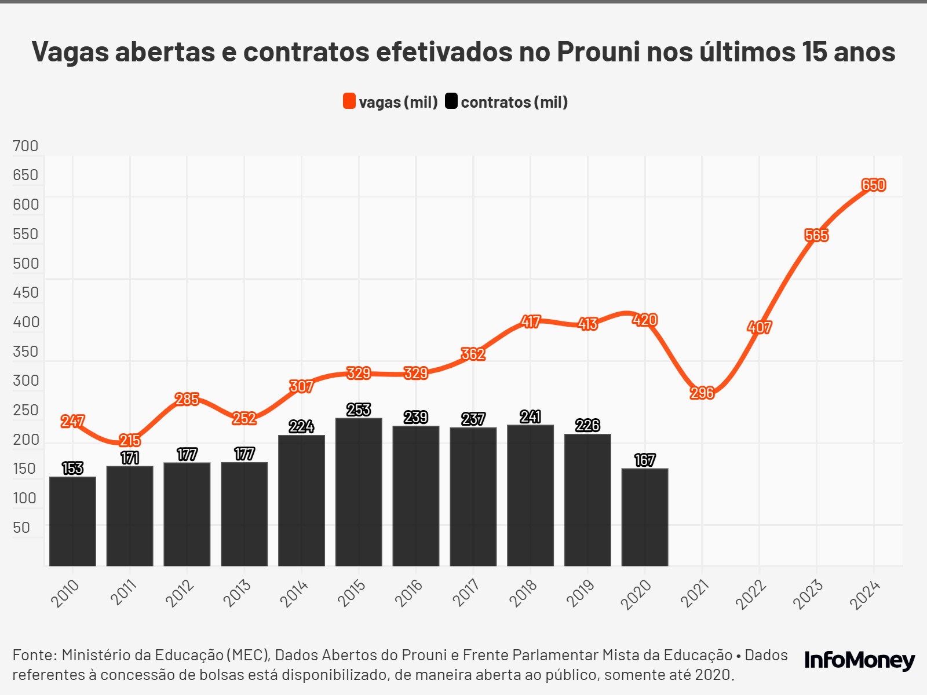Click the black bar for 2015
coord(359,492)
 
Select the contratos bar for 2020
coord(645,517)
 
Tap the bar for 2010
coord(72,521)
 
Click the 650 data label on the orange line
coord(873,185)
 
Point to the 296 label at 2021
coord(702,393)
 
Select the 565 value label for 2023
coord(816,236)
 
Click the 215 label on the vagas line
coord(130,441)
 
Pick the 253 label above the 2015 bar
coord(359,410)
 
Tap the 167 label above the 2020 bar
coord(645,460)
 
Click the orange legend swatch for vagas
coord(349,101)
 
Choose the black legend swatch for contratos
coord(451,101)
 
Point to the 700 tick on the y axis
coord(25,146)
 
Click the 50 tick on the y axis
coord(21,528)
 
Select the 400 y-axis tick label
coord(26,322)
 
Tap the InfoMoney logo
coord(859,660)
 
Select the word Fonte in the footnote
coord(34,655)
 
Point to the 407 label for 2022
coord(759,328)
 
